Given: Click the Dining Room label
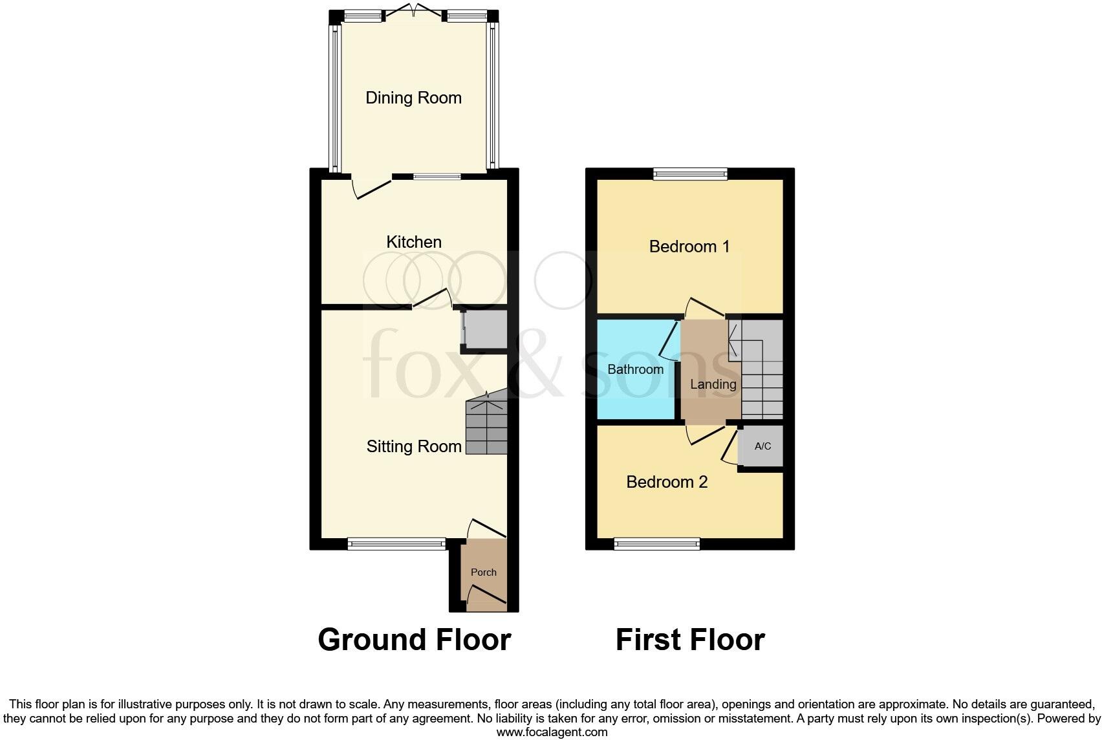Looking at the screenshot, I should click(x=413, y=98).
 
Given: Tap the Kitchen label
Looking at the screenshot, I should click(x=414, y=242).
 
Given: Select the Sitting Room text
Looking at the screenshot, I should click(x=414, y=446).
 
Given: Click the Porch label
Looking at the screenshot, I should click(x=483, y=572).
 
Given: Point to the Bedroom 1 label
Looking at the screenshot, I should click(x=689, y=246).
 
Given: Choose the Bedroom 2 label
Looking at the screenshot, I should click(x=667, y=482).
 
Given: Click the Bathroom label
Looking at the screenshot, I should click(x=635, y=369).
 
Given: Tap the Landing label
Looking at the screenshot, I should click(x=713, y=384).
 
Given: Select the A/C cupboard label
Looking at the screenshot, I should click(x=762, y=446).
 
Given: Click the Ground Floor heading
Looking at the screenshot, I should click(x=414, y=640).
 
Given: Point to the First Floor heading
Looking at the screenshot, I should click(x=690, y=640).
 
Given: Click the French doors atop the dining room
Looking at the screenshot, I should click(x=413, y=12).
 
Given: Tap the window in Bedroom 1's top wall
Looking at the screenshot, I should click(x=690, y=173).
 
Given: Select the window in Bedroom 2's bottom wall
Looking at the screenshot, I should click(x=656, y=544).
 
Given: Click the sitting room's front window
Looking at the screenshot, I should click(x=396, y=544).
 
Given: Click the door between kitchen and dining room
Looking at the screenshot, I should click(x=372, y=187).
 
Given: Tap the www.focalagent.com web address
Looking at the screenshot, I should click(x=552, y=732).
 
